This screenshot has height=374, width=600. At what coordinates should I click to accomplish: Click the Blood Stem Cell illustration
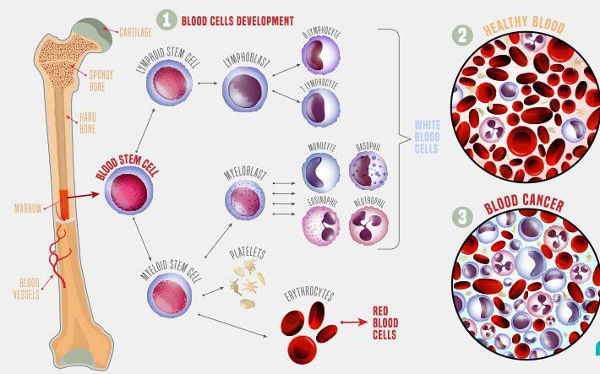pos(129,191)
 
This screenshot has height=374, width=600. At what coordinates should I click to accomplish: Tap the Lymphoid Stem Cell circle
pos(170,83)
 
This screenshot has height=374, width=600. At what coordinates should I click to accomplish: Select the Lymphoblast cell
pos(245,89)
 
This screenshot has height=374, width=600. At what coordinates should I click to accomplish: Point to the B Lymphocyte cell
pos(320,56)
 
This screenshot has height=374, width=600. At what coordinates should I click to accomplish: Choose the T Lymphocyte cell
pos(320,107)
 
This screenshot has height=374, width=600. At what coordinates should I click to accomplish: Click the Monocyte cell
pos(320,172)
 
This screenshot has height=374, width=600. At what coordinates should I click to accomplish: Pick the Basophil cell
pos(368,171)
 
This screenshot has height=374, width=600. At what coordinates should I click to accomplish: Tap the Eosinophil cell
pos(320,225)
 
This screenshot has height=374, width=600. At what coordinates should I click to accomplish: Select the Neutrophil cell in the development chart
pos(368,225)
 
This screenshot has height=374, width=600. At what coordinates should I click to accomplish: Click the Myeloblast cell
pos(245,200)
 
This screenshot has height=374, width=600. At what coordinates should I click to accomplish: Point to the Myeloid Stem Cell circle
pos(170,295)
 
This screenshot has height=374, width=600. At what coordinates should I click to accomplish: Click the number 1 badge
pos(166,19)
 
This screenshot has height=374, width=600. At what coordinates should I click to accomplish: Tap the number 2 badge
pos(462,35)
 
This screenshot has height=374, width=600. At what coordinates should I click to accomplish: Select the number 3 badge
pos(462,217)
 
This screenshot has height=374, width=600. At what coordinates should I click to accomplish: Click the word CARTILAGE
pos(136,33)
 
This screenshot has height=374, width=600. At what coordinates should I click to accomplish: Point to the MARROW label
pos(28,209)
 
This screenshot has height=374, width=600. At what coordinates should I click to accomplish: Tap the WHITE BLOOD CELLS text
pos(428,137)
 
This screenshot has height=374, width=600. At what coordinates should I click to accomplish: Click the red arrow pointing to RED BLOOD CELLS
pos(354,323)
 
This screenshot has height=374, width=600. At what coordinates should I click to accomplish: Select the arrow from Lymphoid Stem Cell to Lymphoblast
pos(208,83)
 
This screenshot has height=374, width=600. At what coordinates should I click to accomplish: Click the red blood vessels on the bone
pos(59,256)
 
